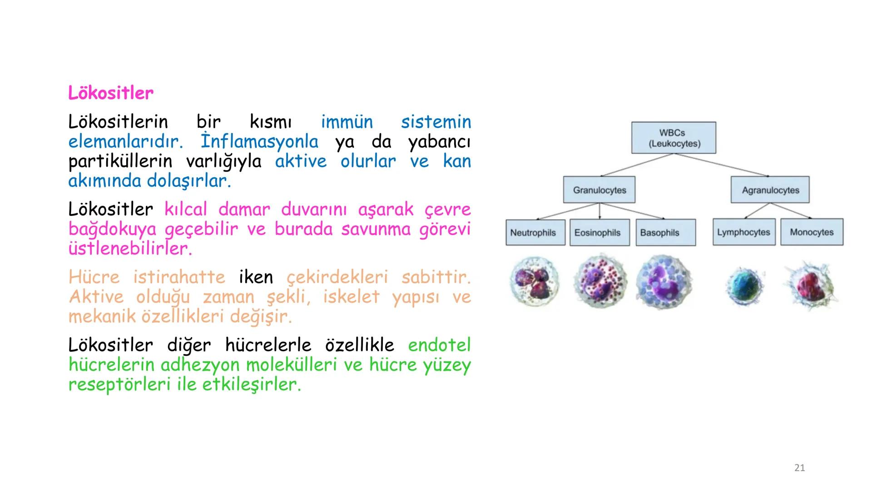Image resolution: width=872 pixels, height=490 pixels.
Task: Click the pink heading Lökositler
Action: (x=111, y=93)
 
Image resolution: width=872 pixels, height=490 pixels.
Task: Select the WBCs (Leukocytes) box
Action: (x=674, y=138)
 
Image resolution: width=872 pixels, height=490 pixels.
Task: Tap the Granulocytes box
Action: (x=599, y=190)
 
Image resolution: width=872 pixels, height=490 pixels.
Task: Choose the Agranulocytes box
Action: (x=770, y=190)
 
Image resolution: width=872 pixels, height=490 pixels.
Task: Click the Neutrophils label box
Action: (x=535, y=233)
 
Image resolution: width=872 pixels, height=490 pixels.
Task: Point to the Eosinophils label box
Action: (x=599, y=233)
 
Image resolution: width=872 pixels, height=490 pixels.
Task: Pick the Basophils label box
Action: (x=665, y=233)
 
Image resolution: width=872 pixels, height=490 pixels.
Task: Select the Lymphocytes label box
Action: (x=744, y=232)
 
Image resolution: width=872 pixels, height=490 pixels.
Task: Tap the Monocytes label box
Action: (x=812, y=232)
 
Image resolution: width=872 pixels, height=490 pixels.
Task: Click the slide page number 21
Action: (x=799, y=468)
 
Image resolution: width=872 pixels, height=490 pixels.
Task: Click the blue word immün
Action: (x=347, y=122)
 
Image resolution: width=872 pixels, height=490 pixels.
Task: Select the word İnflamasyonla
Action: (x=259, y=142)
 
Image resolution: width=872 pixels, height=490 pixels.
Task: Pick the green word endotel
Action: (x=439, y=345)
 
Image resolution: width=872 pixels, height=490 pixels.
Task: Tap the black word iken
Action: (x=256, y=277)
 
